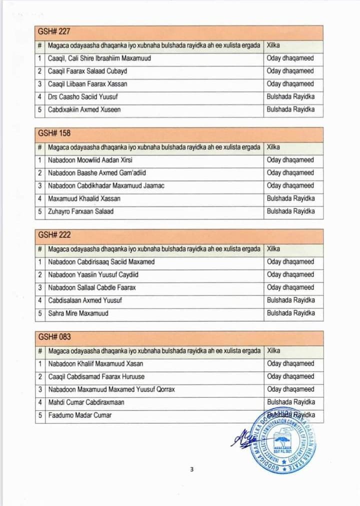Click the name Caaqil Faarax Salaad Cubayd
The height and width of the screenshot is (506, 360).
click(87, 71)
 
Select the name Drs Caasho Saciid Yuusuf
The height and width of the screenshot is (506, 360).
click(82, 96)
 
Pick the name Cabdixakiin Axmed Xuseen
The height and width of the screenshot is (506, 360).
click(84, 109)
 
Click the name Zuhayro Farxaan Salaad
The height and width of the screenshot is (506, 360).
click(80, 211)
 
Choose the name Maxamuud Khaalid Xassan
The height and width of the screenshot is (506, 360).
click(84, 198)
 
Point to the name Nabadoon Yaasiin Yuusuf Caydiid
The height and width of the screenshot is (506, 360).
click(93, 274)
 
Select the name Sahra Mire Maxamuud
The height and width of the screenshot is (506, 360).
click(78, 313)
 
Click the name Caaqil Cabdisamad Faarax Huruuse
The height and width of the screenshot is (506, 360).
click(96, 376)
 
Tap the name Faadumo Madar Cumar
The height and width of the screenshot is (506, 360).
click(79, 415)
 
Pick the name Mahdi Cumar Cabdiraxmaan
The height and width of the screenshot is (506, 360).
click(86, 402)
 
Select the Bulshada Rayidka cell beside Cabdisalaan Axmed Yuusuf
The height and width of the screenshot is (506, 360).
click(291, 300)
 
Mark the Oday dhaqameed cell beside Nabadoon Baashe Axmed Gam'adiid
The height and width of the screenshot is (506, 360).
click(290, 173)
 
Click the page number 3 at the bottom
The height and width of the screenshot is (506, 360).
click(191, 469)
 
